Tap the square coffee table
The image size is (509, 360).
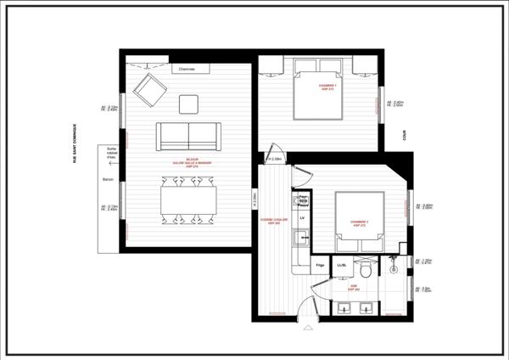pos(188,104)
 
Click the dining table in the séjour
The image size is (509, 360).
pos(188,201)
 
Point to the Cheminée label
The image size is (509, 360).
pos(187,69)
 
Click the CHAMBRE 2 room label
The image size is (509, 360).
pos(359,224)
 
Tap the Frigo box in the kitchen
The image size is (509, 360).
pos(321,266)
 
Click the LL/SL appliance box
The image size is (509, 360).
pos(342,266)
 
